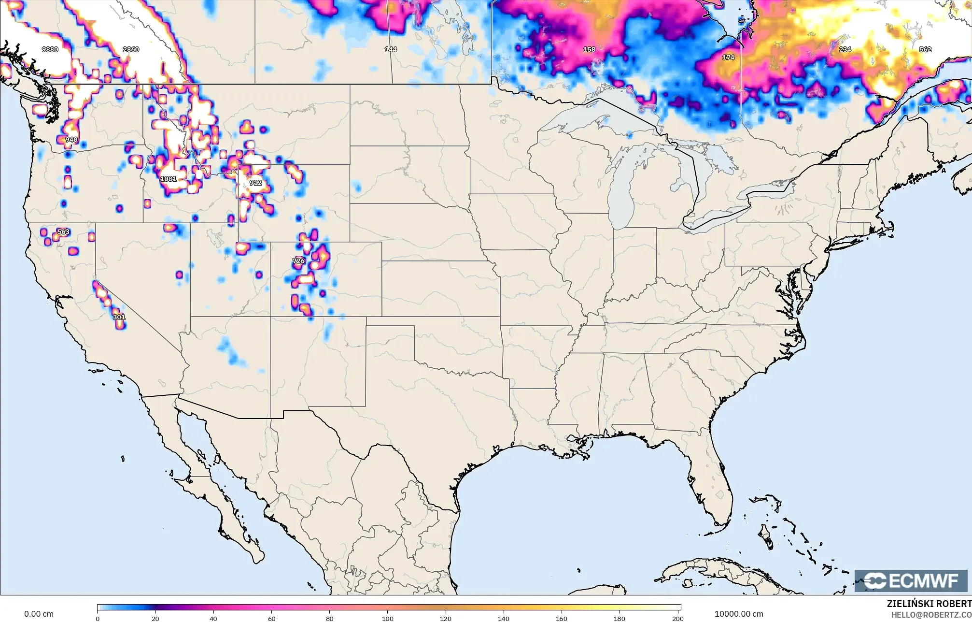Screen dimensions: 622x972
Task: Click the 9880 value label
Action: (50, 49)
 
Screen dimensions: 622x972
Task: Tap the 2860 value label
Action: (131, 49)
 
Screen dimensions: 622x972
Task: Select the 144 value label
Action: (391, 49)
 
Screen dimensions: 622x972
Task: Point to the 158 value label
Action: (589, 49)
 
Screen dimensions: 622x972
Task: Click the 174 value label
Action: (728, 57)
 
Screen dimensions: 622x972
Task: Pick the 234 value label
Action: (845, 49)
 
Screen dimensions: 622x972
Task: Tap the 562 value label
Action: (925, 49)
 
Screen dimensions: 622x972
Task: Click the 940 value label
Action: (71, 140)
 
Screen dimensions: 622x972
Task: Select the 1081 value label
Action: (169, 179)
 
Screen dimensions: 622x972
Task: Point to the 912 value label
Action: (255, 183)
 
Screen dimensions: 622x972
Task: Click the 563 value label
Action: (63, 232)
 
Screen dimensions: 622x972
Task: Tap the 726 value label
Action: (298, 261)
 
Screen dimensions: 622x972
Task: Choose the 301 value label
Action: (119, 317)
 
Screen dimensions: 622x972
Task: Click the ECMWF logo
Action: (911, 581)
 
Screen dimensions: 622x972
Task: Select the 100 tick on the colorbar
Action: (388, 618)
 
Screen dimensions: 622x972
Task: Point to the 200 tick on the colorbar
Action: (678, 618)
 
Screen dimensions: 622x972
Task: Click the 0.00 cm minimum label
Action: (39, 614)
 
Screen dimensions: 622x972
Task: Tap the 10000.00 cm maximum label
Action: (739, 614)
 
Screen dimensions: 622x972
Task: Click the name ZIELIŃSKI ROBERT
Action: (929, 604)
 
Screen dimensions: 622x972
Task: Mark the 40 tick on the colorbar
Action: (213, 618)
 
